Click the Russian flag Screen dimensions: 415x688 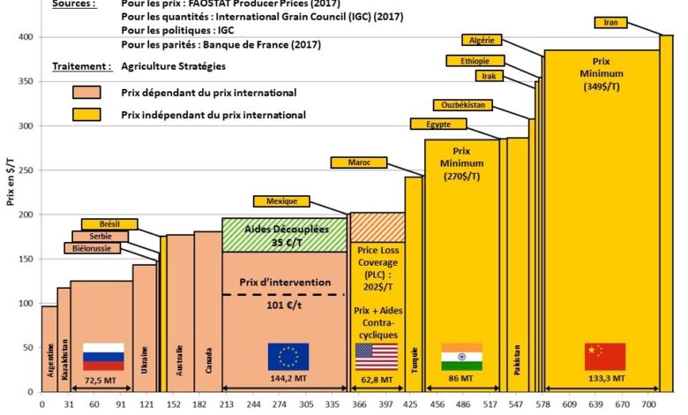tap(103, 356)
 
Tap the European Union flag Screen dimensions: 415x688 tap(288, 356)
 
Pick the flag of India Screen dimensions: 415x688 tap(461, 356)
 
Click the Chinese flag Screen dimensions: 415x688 tap(605, 356)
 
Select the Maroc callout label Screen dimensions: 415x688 tap(358, 162)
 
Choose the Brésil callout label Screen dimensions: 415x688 tap(109, 223)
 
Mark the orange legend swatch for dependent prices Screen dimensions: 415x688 tap(86, 93)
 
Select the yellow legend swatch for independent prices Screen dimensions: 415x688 tap(86, 114)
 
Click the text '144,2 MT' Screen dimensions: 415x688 tap(289, 378)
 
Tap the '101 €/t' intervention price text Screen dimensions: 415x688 tap(284, 308)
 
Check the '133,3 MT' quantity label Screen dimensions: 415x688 tap(604, 378)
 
